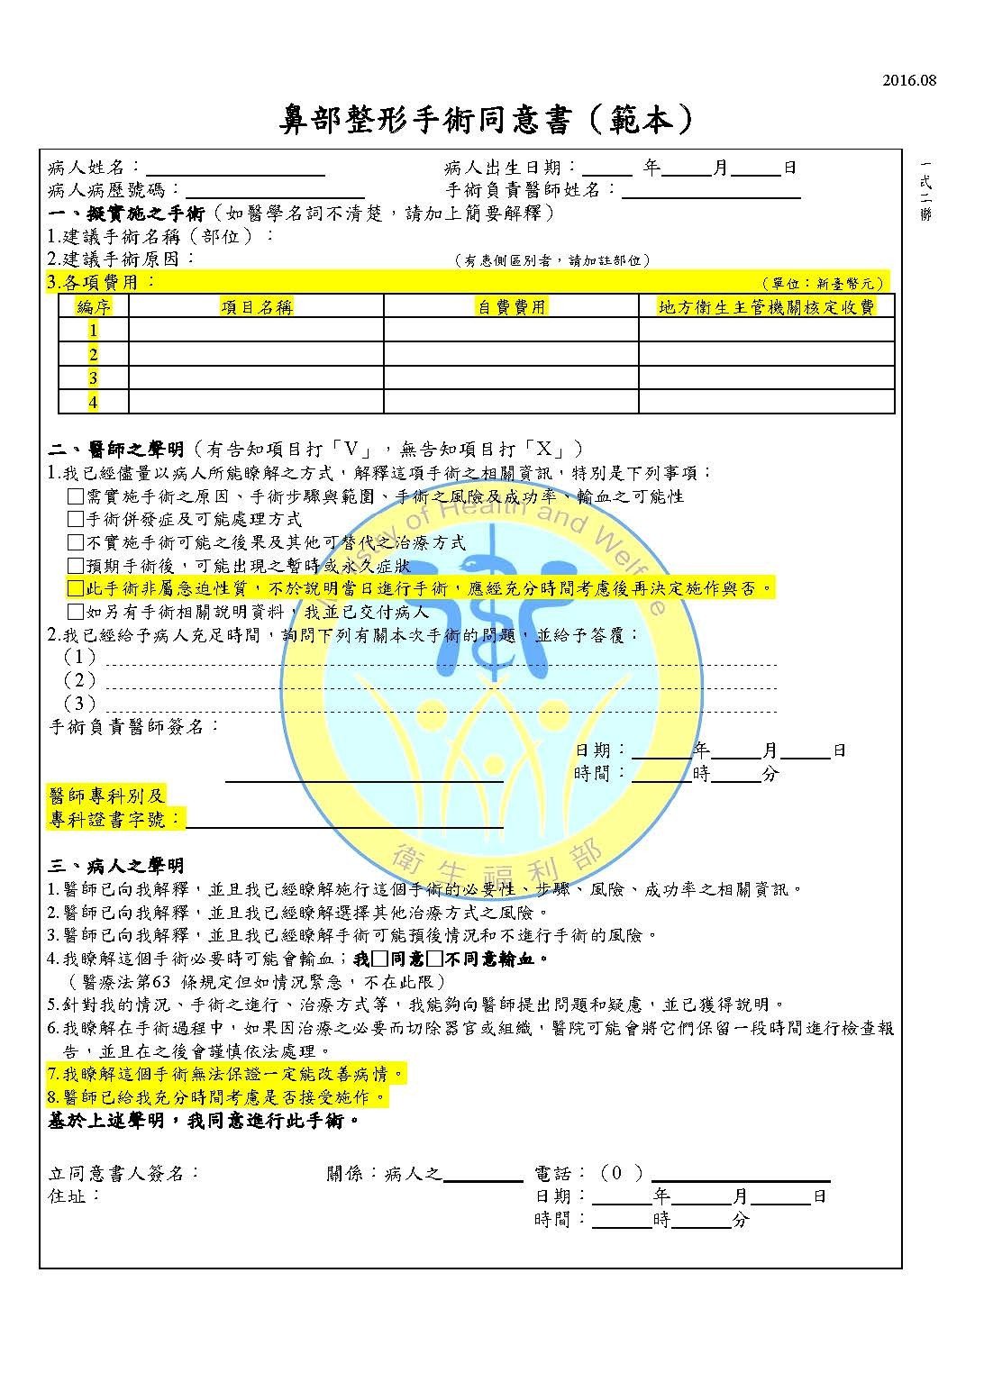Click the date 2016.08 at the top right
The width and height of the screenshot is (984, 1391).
point(909,81)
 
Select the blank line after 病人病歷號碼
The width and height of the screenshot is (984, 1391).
point(274,193)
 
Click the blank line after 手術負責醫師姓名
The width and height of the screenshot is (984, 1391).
point(711,193)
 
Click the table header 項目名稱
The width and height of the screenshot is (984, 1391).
point(257,307)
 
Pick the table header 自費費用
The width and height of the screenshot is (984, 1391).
point(511,307)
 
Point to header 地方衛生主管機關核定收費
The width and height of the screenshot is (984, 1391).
point(766,307)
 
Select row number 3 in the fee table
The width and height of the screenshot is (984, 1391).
point(93,377)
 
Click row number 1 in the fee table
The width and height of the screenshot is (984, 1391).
point(93,331)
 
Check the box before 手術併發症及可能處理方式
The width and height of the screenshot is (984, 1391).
point(76,520)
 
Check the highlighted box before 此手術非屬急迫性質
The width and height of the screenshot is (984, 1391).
point(76,589)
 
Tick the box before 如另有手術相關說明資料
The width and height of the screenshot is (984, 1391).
point(76,613)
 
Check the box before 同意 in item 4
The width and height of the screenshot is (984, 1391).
point(379,959)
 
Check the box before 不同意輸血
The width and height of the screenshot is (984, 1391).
point(434,959)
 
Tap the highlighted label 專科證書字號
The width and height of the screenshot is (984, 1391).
point(114,820)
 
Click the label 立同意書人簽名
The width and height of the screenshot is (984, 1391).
point(123,1174)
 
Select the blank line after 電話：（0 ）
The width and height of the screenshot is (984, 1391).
point(740,1176)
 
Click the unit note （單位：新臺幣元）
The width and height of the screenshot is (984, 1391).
point(823,283)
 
